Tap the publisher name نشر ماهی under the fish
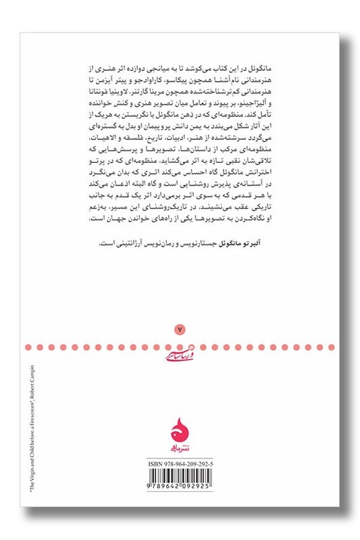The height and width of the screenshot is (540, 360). point(180,446)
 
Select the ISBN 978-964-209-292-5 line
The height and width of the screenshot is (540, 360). point(180,464)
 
